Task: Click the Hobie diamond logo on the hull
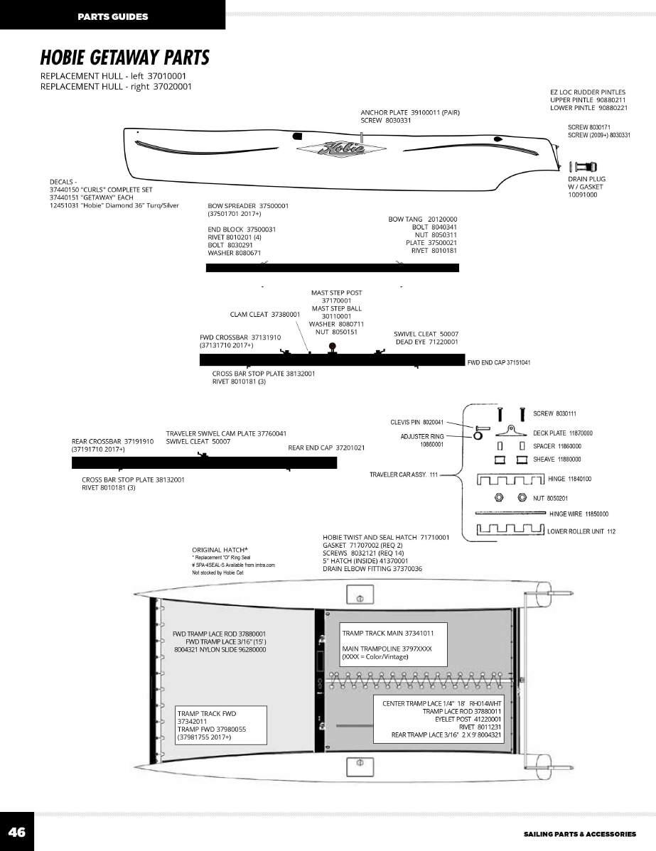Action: tap(341, 150)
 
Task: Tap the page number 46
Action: tap(16, 832)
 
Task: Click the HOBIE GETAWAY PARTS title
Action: tap(124, 57)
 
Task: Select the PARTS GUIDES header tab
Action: tap(113, 16)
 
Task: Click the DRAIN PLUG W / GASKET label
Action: tap(586, 187)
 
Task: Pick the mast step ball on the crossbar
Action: tap(331, 346)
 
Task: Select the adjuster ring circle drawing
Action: tap(478, 435)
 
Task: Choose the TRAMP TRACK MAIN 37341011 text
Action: tap(388, 632)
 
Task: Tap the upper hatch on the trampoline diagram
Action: tap(359, 595)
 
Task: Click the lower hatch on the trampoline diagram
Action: tap(359, 766)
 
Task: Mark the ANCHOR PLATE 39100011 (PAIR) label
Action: tap(410, 112)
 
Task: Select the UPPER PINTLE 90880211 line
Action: tap(588, 100)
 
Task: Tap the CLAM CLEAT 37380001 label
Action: tap(265, 314)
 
